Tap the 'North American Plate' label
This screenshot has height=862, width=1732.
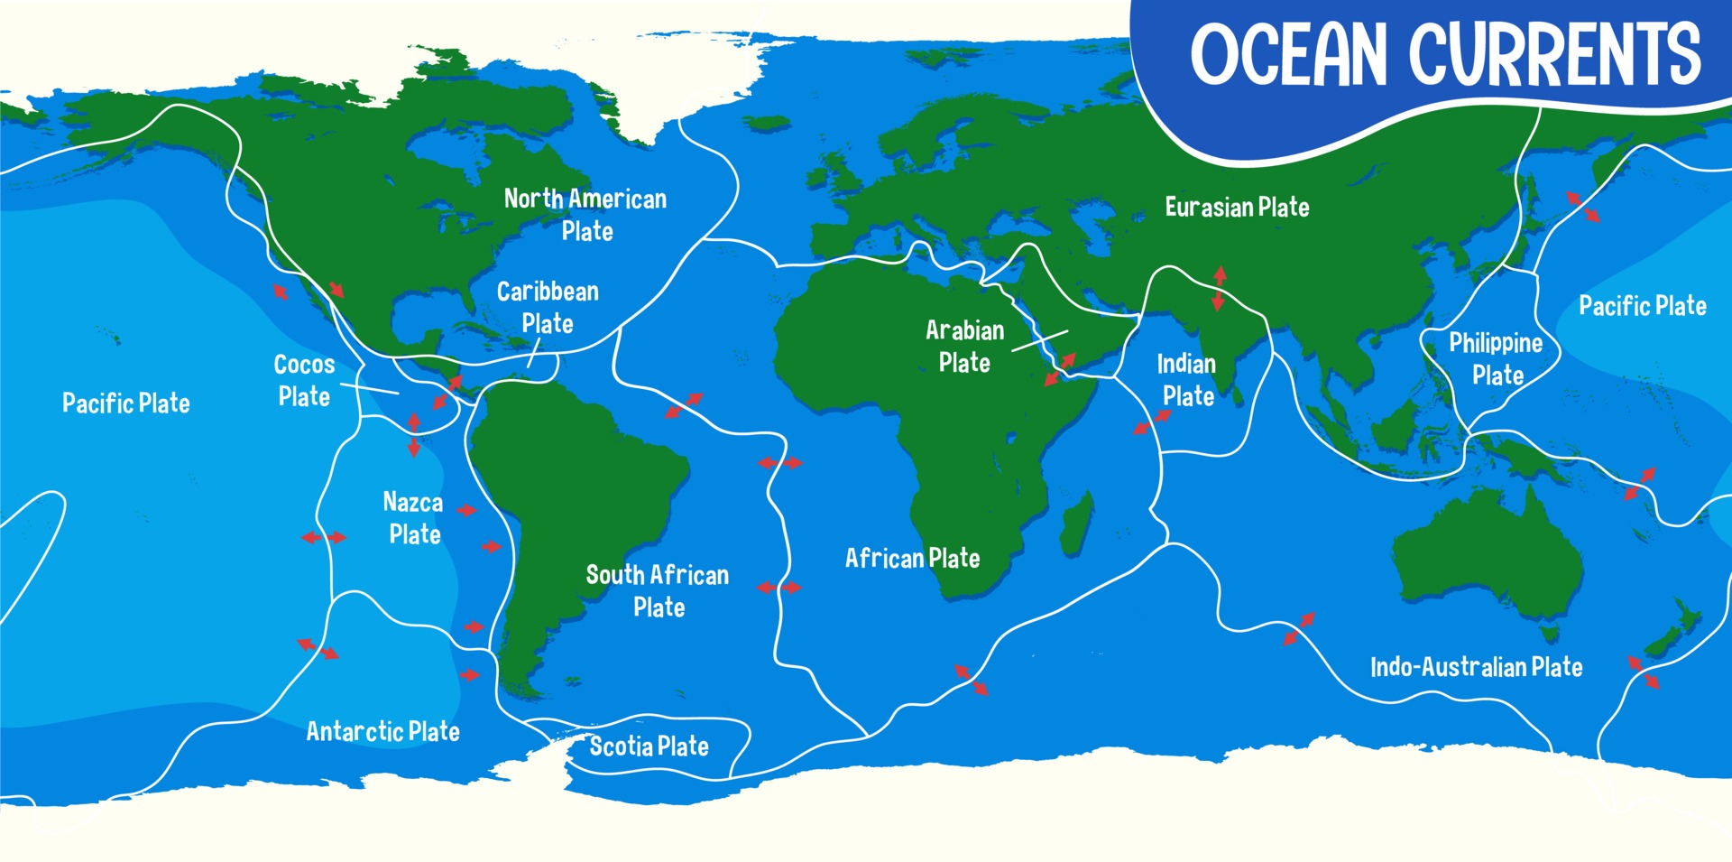[x=585, y=215]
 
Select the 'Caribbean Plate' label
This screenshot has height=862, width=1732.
[x=548, y=307]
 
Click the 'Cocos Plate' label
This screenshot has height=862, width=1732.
[x=304, y=380]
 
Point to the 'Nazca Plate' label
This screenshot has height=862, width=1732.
[x=413, y=518]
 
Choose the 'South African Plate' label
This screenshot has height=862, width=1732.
[x=658, y=591]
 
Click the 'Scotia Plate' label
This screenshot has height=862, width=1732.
[x=649, y=746]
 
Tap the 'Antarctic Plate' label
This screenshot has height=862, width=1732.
[x=382, y=731]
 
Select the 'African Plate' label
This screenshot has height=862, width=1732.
[x=912, y=559]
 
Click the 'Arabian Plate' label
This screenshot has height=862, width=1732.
[x=964, y=347]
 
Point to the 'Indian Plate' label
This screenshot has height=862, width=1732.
[x=1187, y=380]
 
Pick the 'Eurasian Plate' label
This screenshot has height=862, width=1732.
[x=1237, y=208]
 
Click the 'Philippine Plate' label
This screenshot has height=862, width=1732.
[x=1497, y=359]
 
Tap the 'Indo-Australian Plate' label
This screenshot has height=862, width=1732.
[x=1476, y=667]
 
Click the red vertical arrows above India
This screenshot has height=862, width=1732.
[x=1219, y=289]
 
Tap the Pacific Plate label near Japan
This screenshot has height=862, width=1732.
[x=1642, y=306]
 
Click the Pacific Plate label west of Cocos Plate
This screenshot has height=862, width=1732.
[x=126, y=403]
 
